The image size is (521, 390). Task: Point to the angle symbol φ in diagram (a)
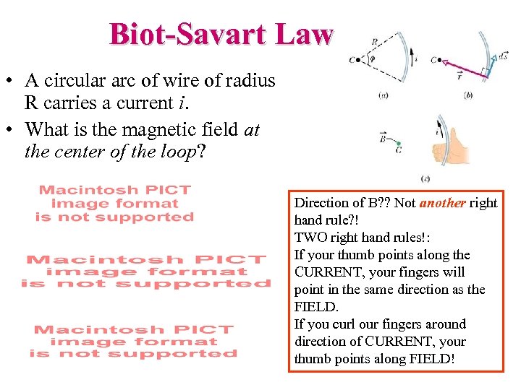pos(372,59)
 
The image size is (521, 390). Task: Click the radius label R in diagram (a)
pos(373,43)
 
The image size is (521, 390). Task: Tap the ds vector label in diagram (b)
pos(502,56)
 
